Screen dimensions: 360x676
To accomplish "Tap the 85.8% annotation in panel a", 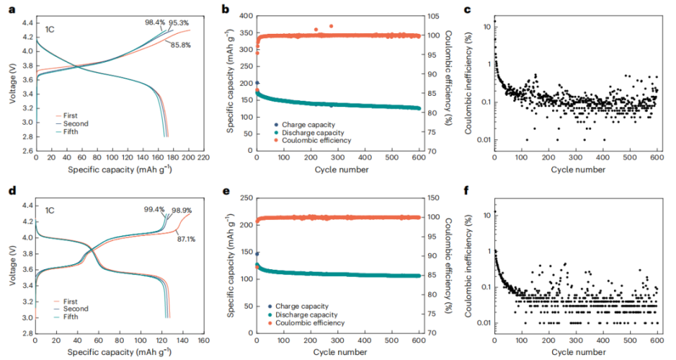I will click(x=179, y=45).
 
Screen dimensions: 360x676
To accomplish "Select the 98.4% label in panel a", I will click(x=154, y=22).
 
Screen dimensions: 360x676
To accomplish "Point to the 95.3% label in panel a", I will click(x=180, y=22).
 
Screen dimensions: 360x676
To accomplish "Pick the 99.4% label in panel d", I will click(x=154, y=210).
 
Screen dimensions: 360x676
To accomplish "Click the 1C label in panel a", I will click(x=49, y=31).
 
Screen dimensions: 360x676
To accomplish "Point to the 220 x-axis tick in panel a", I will click(x=204, y=158).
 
